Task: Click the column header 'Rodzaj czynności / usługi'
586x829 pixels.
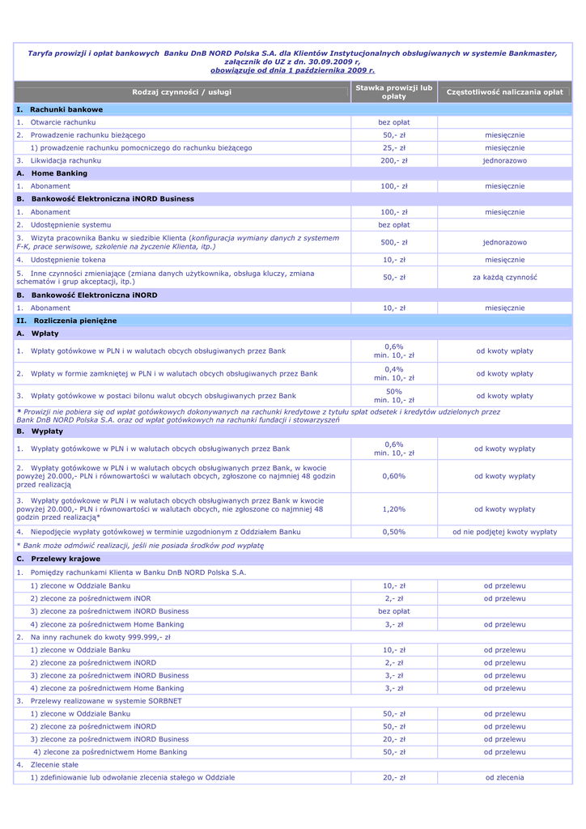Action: click(x=181, y=92)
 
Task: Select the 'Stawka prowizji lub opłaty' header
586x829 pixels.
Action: click(x=394, y=92)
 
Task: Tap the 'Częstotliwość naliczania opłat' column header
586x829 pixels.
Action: click(x=504, y=92)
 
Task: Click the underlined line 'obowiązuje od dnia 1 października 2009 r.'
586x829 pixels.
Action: click(x=292, y=70)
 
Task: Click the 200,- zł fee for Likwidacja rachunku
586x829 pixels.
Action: click(x=394, y=161)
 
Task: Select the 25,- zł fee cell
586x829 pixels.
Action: click(x=394, y=148)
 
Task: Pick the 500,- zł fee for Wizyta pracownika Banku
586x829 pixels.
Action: click(x=394, y=242)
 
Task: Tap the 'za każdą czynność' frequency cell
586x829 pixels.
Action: click(x=504, y=278)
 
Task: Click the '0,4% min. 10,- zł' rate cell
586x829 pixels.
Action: click(x=394, y=373)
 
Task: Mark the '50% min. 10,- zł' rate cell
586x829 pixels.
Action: click(x=394, y=396)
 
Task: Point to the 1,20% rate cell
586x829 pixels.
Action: click(x=394, y=509)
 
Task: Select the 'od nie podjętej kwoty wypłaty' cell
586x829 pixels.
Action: click(x=504, y=532)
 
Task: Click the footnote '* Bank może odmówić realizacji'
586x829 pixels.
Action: click(x=140, y=546)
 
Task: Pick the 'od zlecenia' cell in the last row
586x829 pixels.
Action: click(x=504, y=777)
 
